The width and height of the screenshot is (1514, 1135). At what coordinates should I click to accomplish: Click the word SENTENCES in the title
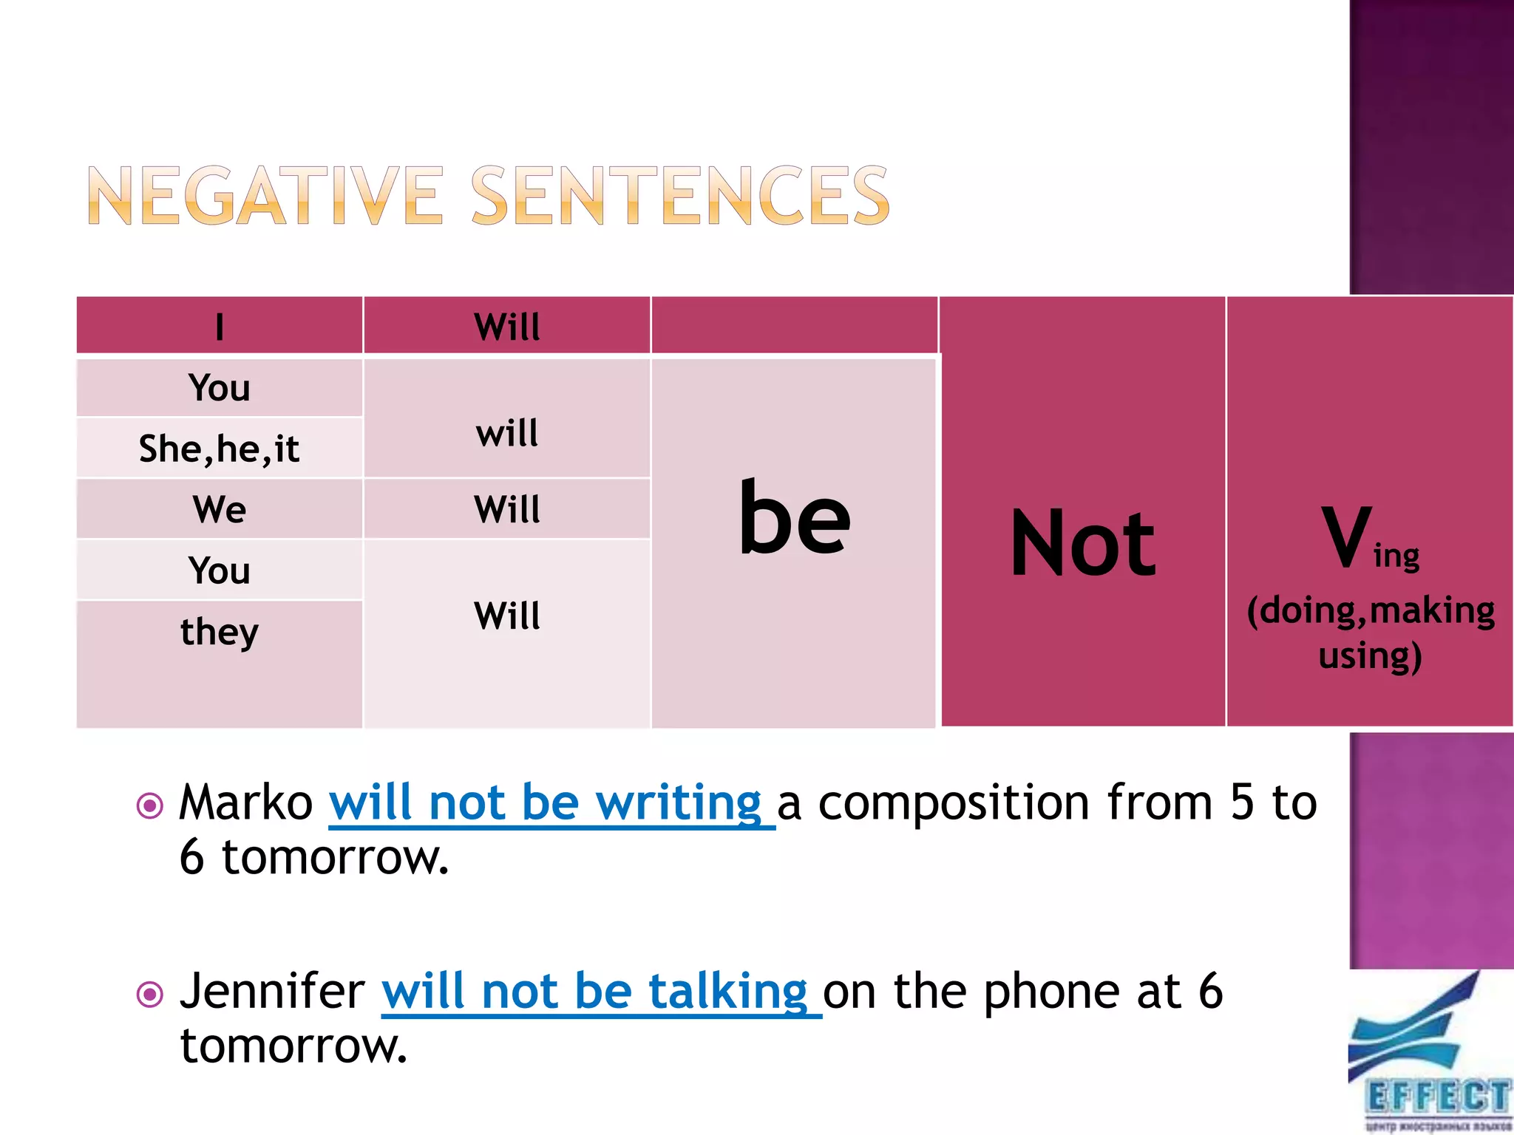coord(680,195)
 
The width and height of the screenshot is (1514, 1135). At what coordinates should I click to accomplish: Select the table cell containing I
coord(220,326)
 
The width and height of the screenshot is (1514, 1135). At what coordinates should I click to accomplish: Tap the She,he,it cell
coord(220,449)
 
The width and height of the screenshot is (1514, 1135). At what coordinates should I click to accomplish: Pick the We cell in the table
coord(220,509)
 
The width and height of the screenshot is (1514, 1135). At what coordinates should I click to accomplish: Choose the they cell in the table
coord(220,632)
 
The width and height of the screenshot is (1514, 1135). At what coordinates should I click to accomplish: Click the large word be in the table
coord(795,517)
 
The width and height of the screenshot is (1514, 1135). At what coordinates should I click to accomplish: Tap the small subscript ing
coord(1396,556)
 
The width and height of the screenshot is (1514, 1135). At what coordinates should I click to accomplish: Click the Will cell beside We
coord(507,509)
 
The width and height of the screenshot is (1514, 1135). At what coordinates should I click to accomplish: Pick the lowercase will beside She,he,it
coord(507,432)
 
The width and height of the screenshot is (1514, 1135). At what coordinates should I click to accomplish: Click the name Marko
coord(246,802)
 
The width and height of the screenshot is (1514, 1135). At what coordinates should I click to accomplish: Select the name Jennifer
coord(272,991)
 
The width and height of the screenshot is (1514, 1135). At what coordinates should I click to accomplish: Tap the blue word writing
coord(678,802)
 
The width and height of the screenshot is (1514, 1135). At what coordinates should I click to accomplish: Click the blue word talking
coord(728,991)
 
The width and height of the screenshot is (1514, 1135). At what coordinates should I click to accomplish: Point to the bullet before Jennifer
coord(150,994)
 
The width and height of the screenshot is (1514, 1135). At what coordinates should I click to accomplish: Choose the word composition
coord(954,802)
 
